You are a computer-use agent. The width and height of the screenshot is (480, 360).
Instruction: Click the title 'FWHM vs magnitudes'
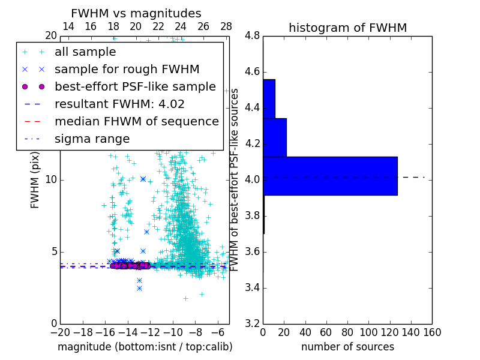coord(136,13)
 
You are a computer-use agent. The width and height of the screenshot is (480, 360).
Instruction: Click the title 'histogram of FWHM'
coord(347,28)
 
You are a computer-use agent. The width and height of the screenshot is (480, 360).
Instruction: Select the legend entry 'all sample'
coord(85,52)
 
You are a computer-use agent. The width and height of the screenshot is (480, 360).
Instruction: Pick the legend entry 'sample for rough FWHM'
coord(127,69)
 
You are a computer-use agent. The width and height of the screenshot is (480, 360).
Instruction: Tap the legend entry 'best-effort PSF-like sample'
coord(135,86)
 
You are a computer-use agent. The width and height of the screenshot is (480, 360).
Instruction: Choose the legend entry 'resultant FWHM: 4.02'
coord(119,104)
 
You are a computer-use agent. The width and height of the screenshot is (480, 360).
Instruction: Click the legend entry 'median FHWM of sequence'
coord(136,121)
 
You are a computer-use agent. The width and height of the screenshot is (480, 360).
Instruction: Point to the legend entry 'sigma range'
coord(92,139)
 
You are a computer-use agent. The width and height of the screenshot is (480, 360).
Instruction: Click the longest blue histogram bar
coord(330,176)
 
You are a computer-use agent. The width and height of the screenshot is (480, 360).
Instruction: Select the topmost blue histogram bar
coord(269,99)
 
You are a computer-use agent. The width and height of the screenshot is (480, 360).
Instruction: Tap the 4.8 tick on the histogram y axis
coord(252,36)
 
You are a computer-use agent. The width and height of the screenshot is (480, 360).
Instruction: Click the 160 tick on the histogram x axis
coord(431,332)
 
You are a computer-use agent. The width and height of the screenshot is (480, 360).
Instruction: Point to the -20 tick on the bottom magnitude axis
coord(61,332)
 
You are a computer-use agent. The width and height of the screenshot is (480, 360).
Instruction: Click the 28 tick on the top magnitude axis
coord(226,26)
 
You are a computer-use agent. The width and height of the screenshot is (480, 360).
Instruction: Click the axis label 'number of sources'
coord(347,347)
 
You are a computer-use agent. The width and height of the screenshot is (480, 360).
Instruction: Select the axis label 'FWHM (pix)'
coord(35,181)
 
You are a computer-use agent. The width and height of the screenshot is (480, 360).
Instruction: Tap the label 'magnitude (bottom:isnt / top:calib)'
coord(145,347)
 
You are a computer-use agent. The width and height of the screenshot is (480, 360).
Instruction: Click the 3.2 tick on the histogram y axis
coord(252,323)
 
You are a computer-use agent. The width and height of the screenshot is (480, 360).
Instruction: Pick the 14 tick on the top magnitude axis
coord(68,26)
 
